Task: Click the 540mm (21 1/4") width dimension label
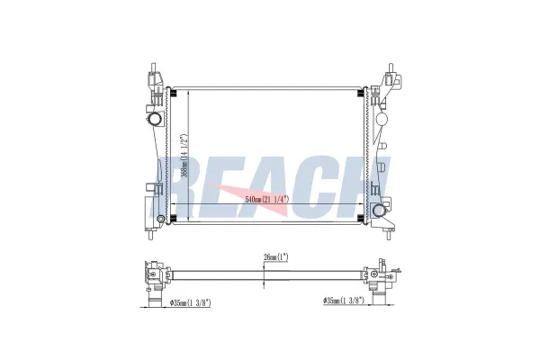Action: click(x=267, y=199)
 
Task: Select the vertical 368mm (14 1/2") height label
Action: click(x=184, y=156)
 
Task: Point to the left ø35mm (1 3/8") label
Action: click(x=191, y=302)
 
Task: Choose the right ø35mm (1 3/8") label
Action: click(x=344, y=301)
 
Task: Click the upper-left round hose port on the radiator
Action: click(x=155, y=119)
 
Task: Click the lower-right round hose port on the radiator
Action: click(x=378, y=210)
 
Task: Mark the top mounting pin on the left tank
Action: click(x=153, y=67)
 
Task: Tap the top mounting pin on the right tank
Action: click(x=391, y=67)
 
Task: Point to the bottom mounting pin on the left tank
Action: click(x=150, y=235)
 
